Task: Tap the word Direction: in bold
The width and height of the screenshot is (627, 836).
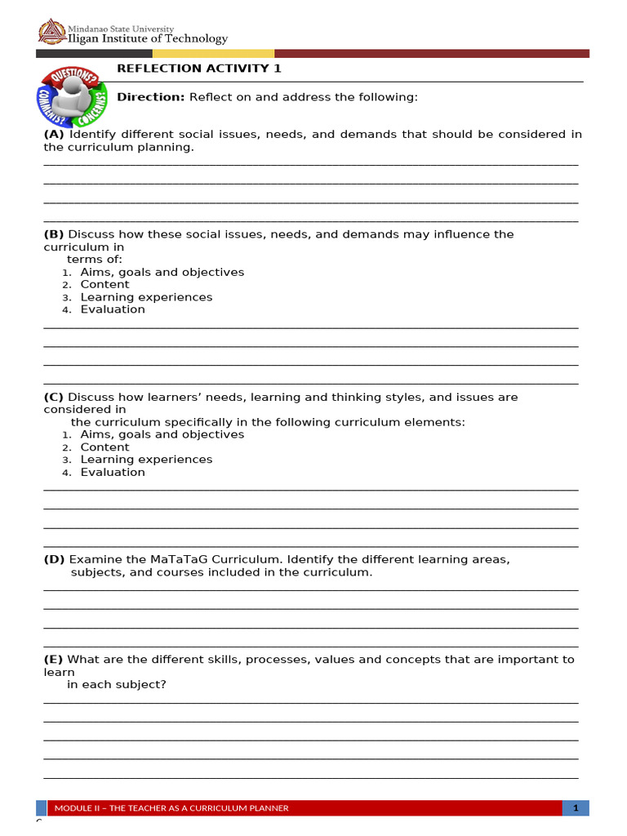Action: [x=151, y=97]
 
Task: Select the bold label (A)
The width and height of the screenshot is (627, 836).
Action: [x=54, y=134]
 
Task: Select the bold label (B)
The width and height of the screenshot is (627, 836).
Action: [x=54, y=234]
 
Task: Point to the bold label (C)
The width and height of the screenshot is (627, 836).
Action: [x=54, y=398]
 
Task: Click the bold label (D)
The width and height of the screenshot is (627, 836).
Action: [x=54, y=559]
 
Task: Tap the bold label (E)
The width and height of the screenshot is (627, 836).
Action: [x=54, y=660]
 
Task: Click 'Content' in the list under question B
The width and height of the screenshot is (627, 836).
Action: [x=104, y=285]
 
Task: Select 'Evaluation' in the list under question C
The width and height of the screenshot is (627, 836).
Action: [x=113, y=472]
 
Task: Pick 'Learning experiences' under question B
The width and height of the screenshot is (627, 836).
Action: [x=146, y=297]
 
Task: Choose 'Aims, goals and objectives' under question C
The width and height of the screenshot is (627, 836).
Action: [x=162, y=434]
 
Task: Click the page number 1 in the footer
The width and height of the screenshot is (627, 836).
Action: [x=576, y=808]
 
